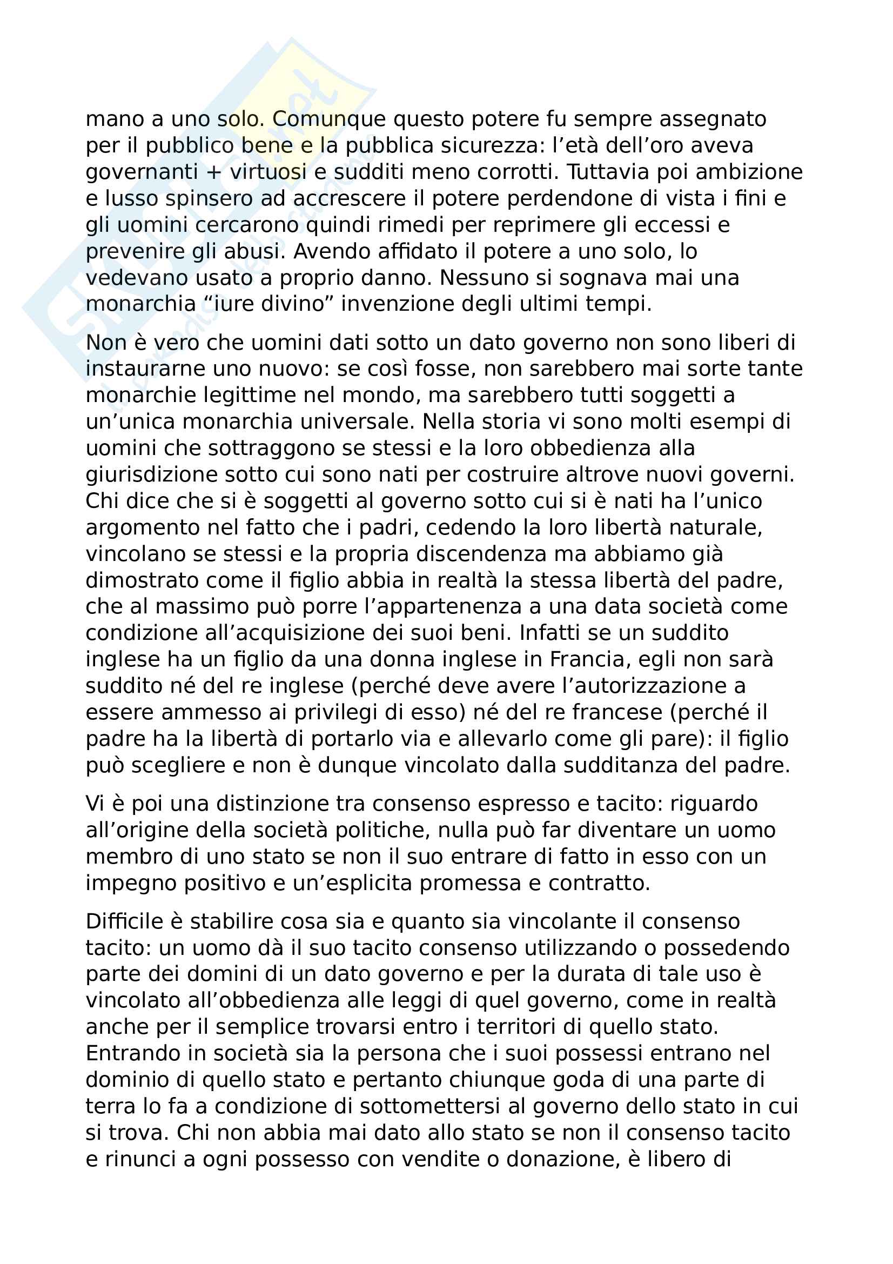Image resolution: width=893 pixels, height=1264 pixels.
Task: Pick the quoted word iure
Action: tap(239, 304)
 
